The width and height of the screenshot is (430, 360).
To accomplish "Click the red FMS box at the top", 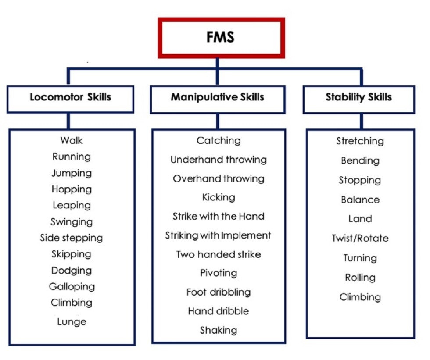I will click(221, 37).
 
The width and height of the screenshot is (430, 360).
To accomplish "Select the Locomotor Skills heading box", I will click(71, 97).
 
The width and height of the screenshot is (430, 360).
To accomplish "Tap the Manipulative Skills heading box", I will click(218, 97).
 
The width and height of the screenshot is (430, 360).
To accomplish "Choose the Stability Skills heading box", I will click(358, 97).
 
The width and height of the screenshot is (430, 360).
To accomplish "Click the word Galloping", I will click(72, 287).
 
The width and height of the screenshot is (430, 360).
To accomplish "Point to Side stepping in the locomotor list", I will click(71, 238).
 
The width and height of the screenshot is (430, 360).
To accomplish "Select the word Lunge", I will click(72, 322).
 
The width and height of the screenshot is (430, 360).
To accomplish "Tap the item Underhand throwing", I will click(218, 160).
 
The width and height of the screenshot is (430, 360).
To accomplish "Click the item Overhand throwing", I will click(218, 178).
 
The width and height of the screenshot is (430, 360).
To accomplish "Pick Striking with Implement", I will click(218, 235).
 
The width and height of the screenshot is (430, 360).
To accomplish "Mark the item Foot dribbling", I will click(218, 292).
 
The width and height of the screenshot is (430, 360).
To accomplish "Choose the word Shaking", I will click(218, 330).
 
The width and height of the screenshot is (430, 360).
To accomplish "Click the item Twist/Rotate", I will click(360, 239).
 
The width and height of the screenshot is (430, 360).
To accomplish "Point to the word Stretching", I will click(360, 141).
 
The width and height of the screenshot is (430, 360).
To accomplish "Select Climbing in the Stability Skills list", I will click(360, 297).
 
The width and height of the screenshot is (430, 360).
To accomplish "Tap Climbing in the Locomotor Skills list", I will click(72, 303).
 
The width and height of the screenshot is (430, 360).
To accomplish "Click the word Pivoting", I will click(218, 273).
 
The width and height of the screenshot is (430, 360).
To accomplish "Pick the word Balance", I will click(360, 200).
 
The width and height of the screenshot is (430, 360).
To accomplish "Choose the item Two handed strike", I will click(218, 254).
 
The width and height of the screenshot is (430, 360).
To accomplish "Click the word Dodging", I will click(72, 271).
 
